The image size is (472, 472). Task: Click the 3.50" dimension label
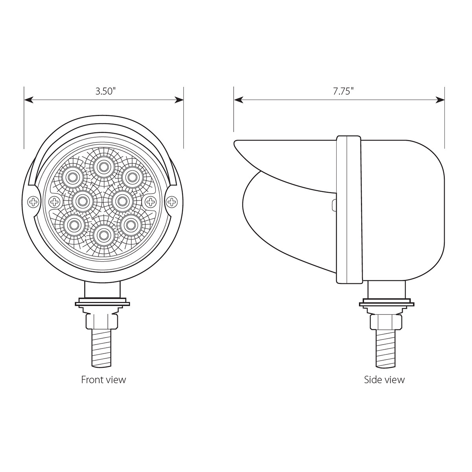(x=105, y=92)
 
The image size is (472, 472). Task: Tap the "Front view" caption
(x=103, y=380)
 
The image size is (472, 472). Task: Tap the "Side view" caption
(x=384, y=380)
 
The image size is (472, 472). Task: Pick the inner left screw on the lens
(x=53, y=202)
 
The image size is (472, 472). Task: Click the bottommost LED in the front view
(x=103, y=235)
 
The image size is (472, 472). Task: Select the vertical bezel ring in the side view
(x=348, y=209)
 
